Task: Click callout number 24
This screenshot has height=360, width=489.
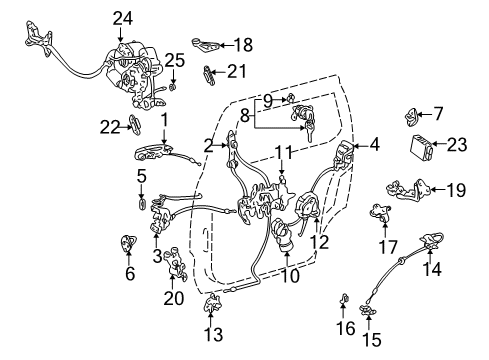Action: coord(122,18)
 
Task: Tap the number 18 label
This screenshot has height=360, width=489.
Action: coord(242,44)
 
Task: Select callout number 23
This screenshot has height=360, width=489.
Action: coord(457,144)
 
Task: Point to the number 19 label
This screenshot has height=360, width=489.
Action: coord(455,188)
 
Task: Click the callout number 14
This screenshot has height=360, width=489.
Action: coord(432,268)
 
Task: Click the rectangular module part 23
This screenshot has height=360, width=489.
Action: coord(419,146)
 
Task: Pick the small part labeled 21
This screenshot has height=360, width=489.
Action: coord(209,72)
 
